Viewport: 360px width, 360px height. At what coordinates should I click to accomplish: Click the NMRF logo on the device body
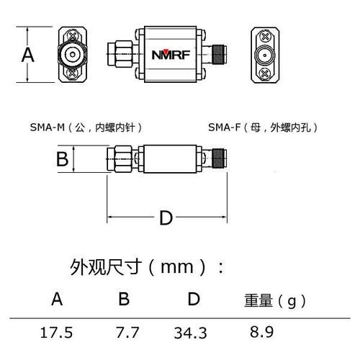pos(174,54)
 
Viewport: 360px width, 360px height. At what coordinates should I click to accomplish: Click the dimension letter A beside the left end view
pos(28,55)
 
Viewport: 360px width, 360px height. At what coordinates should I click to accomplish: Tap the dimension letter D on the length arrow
pos(166,217)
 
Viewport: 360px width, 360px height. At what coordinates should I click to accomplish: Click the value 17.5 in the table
pos(58,333)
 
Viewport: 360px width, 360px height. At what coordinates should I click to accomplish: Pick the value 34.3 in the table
pos(190,333)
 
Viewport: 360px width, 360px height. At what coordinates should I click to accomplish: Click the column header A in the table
pos(58,298)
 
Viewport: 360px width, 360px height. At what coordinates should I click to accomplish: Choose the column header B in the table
pos(123,298)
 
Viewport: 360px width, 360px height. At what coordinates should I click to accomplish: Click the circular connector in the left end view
pos(73,54)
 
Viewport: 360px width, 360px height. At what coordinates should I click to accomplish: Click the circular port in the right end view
pos(266,55)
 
